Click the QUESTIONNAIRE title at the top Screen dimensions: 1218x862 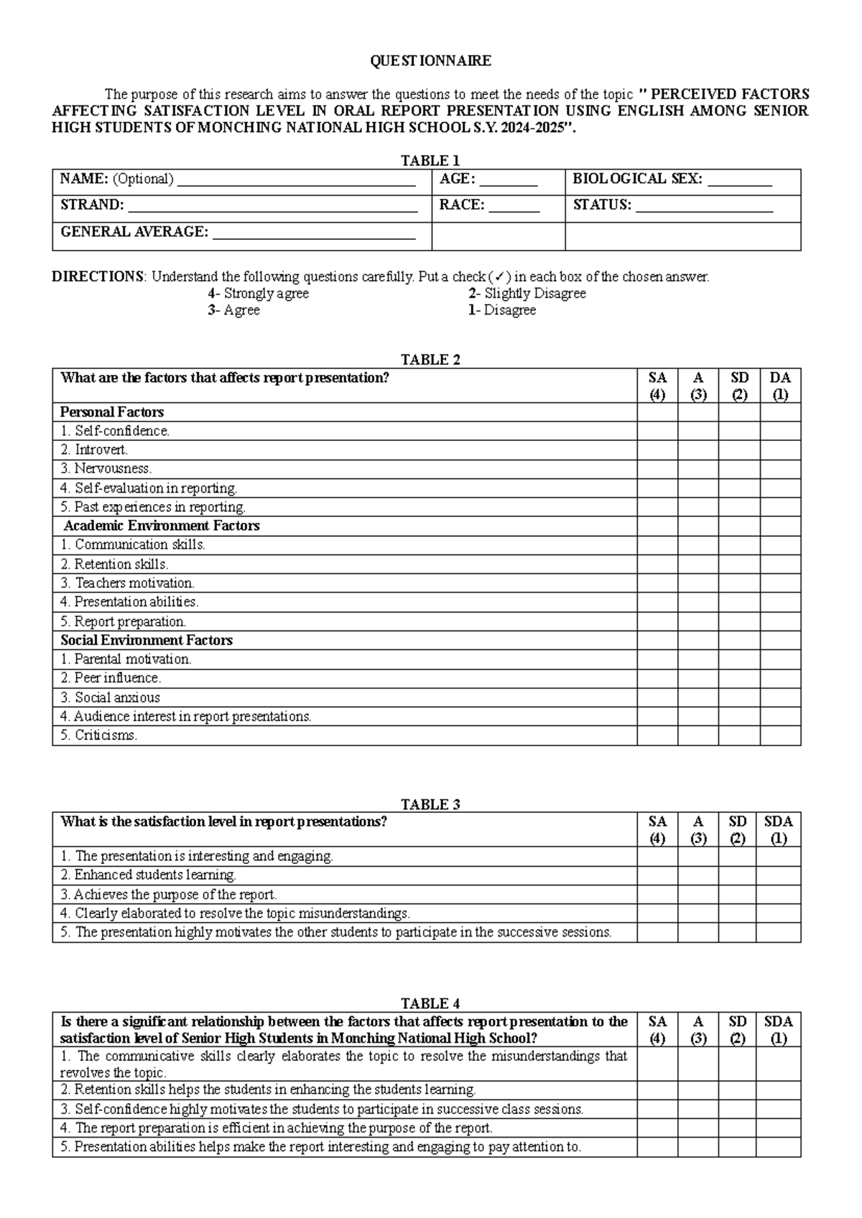(x=430, y=61)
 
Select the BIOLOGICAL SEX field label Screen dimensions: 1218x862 (x=636, y=179)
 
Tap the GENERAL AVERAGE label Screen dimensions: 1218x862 (x=134, y=232)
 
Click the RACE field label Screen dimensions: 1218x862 (x=462, y=205)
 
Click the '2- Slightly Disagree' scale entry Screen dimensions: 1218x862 (x=527, y=294)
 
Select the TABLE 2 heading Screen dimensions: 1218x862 (x=430, y=360)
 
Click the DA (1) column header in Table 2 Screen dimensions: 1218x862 (x=780, y=386)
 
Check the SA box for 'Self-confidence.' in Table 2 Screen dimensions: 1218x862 (x=657, y=431)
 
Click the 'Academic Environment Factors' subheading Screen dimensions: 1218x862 (x=161, y=526)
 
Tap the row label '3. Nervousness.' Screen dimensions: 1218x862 (x=106, y=469)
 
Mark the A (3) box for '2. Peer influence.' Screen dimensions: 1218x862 (x=698, y=678)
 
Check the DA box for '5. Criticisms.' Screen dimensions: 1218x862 (x=780, y=735)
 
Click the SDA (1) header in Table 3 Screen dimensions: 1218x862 (x=778, y=829)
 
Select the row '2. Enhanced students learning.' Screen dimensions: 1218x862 (x=148, y=875)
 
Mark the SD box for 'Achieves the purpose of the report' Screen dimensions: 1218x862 (x=737, y=895)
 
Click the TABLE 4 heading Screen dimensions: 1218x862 (x=430, y=1003)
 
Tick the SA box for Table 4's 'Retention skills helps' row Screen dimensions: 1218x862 (x=657, y=1090)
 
